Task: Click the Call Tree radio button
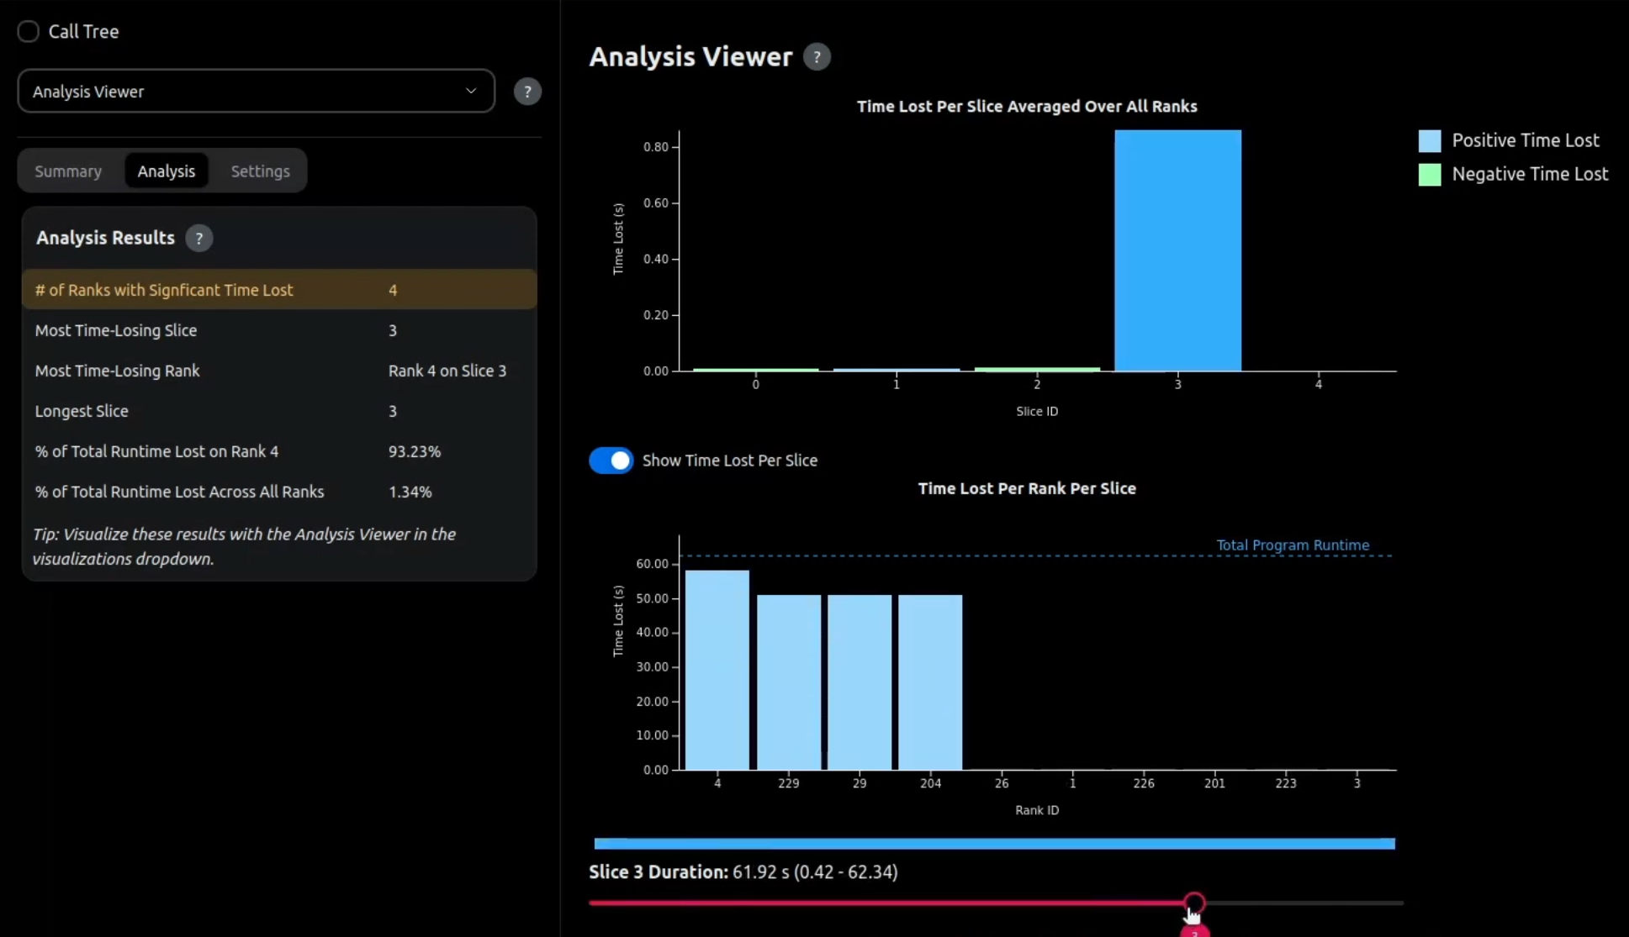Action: (x=29, y=32)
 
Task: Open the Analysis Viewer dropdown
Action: (x=256, y=92)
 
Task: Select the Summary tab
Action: (x=68, y=171)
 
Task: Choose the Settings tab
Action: (x=260, y=171)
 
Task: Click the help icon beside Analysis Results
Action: (x=198, y=239)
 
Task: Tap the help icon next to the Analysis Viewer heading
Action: (x=816, y=57)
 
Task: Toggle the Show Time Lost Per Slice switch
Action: (x=611, y=461)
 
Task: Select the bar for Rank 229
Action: (x=788, y=682)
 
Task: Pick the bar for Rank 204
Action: (x=930, y=682)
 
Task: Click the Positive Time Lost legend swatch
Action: (x=1429, y=140)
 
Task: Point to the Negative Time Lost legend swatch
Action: (x=1429, y=175)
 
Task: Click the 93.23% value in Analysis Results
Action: (x=414, y=452)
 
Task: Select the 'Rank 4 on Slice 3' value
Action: (x=447, y=371)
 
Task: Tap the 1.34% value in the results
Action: (x=410, y=492)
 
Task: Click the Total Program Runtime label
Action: (x=1292, y=545)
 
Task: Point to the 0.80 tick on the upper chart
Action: (x=655, y=147)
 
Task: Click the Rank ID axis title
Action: (x=1036, y=810)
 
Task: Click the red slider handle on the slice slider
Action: (x=1193, y=903)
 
